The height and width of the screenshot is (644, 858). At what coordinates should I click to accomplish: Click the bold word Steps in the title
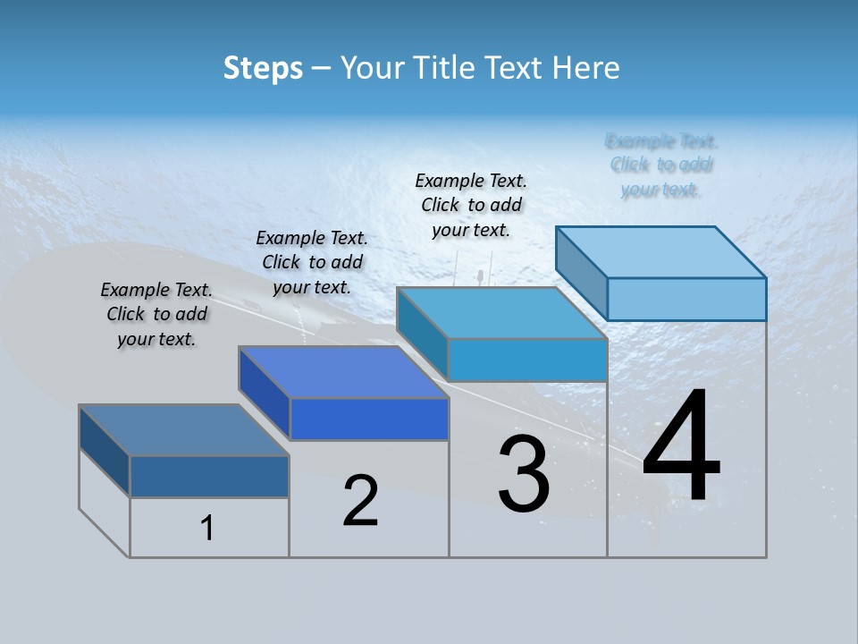[x=263, y=68]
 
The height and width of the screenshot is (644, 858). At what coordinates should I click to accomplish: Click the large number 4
[x=681, y=447]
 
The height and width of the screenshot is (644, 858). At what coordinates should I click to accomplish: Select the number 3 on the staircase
[x=524, y=475]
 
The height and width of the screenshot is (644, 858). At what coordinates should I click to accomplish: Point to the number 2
[x=361, y=501]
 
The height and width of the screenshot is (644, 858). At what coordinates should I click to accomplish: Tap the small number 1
[x=207, y=529]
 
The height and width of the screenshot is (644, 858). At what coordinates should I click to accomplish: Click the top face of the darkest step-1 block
[x=184, y=430]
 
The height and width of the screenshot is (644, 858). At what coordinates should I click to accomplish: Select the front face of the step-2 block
[x=369, y=419]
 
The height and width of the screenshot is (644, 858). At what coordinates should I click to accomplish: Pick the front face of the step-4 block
[x=686, y=299]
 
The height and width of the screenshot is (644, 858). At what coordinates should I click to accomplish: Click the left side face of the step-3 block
[x=422, y=333]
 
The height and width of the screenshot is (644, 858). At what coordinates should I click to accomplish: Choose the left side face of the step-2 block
[x=265, y=392]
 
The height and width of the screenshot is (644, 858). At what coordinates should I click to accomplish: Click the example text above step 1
[x=156, y=314]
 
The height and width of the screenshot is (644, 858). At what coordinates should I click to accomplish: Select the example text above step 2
[x=312, y=262]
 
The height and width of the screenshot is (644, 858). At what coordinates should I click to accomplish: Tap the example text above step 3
[x=471, y=205]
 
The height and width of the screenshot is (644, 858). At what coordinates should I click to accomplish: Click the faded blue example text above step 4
[x=661, y=165]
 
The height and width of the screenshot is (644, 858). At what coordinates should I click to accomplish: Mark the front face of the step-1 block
[x=209, y=476]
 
